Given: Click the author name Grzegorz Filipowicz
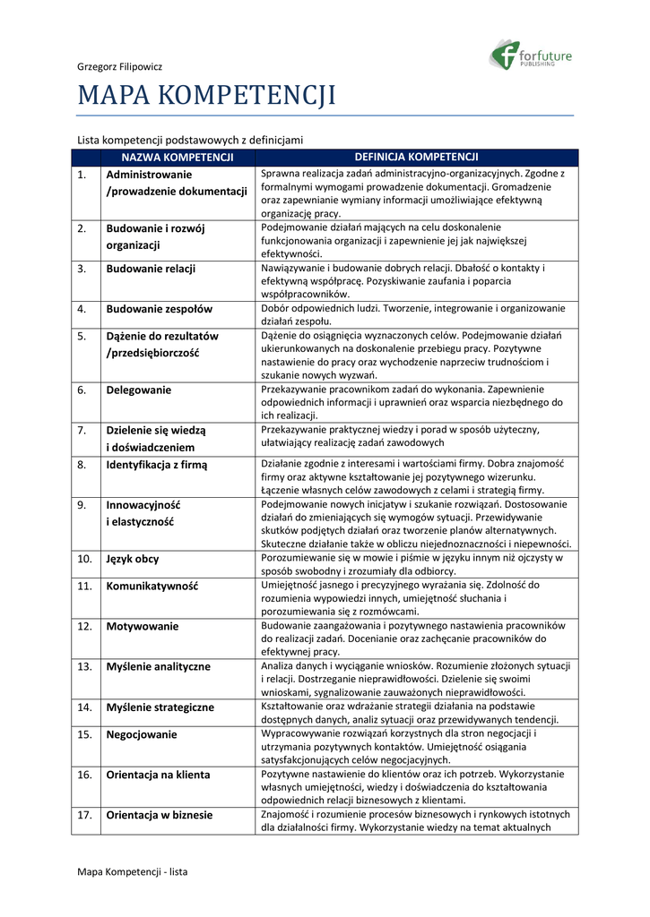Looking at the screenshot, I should tap(119, 66).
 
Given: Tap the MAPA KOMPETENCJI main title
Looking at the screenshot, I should tap(206, 95).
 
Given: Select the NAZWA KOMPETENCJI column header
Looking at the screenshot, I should tap(178, 158).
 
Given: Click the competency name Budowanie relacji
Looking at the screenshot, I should tap(151, 268).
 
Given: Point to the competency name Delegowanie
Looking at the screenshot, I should tap(139, 390).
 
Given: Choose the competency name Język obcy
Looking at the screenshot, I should tap(133, 559).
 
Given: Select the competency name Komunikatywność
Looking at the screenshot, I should tap(152, 586).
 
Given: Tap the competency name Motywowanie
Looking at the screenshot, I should tap(143, 626).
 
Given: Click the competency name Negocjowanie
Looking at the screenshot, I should tap(142, 734).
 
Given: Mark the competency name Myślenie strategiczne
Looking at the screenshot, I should tap(160, 707).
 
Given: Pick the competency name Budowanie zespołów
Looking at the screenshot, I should tap(160, 309).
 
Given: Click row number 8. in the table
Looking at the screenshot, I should tap(82, 465).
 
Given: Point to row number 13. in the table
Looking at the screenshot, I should tap(85, 666).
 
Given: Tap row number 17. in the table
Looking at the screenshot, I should tap(85, 815).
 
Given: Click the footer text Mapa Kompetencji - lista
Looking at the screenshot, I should tap(133, 871).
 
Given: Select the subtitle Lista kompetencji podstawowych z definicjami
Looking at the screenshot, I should tap(190, 140).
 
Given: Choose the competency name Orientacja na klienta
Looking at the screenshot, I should tap(159, 775).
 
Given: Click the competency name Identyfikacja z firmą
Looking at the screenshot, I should tap(157, 465).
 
